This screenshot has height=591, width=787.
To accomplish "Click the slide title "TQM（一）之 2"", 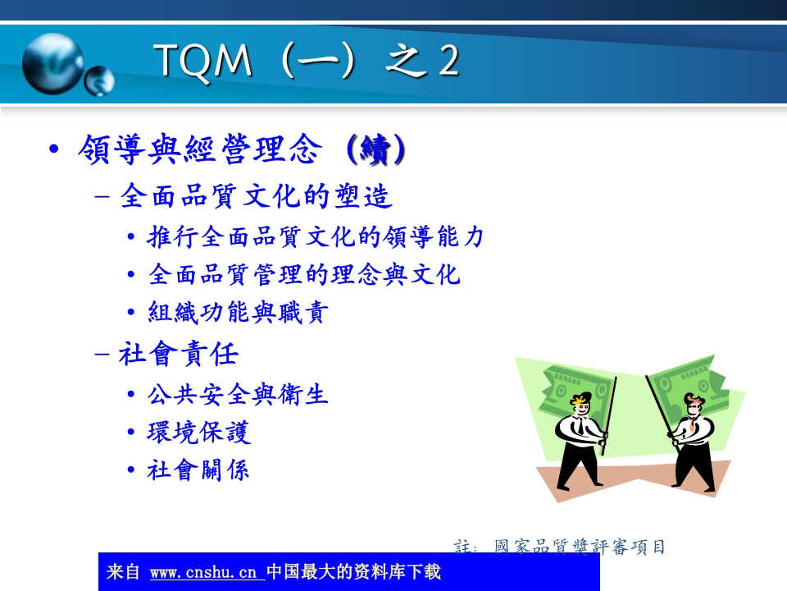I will [306, 62].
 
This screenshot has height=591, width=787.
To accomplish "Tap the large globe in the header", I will [52, 63].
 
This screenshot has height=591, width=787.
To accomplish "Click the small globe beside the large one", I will [100, 80].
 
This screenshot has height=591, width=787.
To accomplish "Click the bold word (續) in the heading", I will [374, 150].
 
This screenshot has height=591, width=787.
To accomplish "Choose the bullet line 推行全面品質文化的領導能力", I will [316, 237].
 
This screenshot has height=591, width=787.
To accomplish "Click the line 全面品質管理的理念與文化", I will [304, 274].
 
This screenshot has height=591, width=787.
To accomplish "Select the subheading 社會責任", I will [179, 355].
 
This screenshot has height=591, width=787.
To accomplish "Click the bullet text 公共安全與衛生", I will [238, 395].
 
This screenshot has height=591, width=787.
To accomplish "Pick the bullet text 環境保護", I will [199, 433].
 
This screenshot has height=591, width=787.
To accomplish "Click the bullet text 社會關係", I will [198, 470].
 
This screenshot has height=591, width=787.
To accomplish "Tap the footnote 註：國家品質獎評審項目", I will [560, 547].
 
